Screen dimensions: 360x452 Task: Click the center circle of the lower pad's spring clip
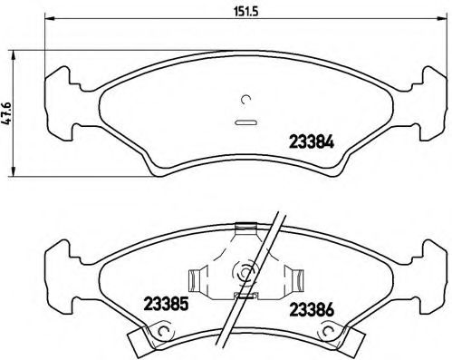(243, 269)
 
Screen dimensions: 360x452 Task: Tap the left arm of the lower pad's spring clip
(197, 276)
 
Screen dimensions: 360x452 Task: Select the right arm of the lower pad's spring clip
(292, 276)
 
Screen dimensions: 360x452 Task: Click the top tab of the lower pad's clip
(243, 227)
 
